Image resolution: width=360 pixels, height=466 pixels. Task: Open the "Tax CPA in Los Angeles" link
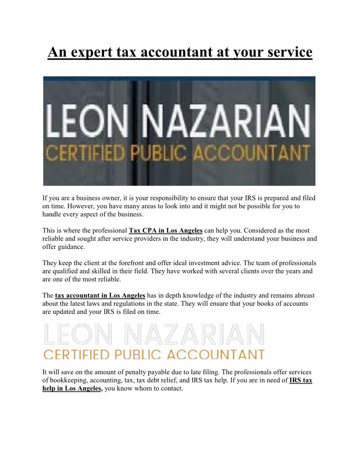tap(165, 230)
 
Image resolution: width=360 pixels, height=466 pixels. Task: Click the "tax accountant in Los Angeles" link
tap(100, 295)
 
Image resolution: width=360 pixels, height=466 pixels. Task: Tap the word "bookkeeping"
tap(71, 380)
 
